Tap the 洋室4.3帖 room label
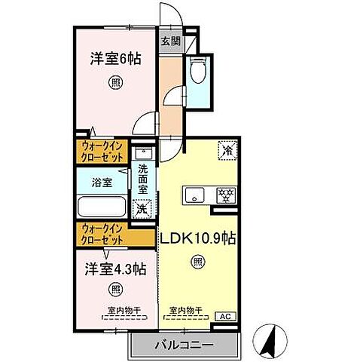115,268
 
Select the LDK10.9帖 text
198,239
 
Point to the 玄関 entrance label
169,42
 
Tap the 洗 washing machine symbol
140,208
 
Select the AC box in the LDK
224,317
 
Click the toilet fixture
200,73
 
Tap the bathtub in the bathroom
103,206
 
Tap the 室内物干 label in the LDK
185,309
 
